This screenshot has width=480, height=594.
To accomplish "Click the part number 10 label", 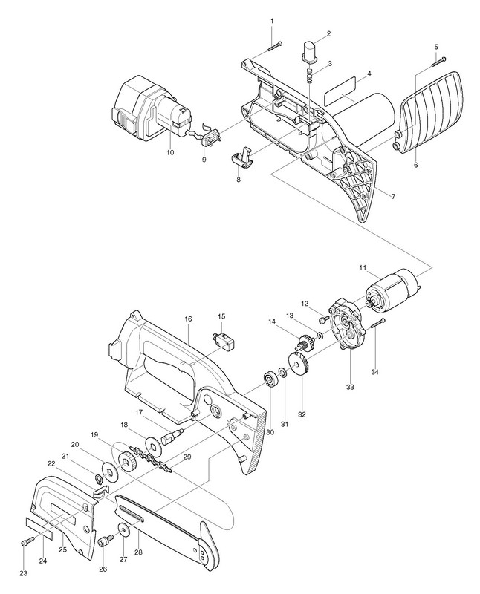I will pyautogui.click(x=170, y=152).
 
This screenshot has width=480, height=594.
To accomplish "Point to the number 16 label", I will pyautogui.click(x=188, y=318).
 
